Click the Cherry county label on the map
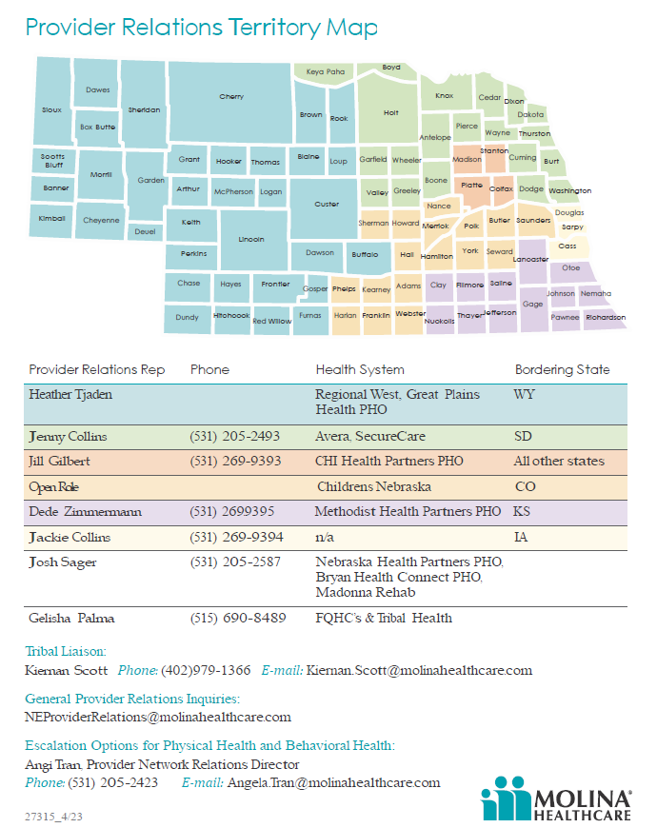click(x=231, y=96)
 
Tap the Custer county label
click(x=327, y=205)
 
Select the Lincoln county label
click(x=251, y=240)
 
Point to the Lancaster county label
click(x=530, y=259)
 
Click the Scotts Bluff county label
click(x=53, y=160)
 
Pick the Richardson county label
click(x=606, y=317)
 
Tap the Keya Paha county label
click(x=325, y=71)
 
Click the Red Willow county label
click(x=272, y=322)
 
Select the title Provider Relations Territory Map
click(x=201, y=28)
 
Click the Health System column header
click(x=360, y=369)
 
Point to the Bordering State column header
click(x=562, y=369)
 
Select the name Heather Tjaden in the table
click(x=71, y=394)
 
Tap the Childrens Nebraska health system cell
click(x=373, y=486)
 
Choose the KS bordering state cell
click(x=523, y=511)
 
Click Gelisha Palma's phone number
click(x=235, y=618)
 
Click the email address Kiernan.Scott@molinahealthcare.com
click(x=419, y=670)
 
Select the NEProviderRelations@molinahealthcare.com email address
click(x=158, y=717)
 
